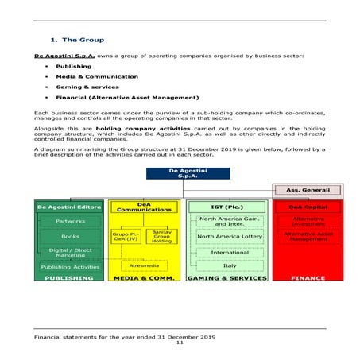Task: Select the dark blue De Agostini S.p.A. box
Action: (x=188, y=173)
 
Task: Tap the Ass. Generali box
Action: (x=308, y=191)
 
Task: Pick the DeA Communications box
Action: (x=144, y=207)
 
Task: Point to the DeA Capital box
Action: (x=308, y=207)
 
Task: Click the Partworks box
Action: (x=70, y=222)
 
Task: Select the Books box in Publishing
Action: (x=70, y=237)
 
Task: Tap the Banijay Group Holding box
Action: (x=161, y=236)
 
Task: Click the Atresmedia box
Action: (x=144, y=265)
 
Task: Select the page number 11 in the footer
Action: (x=180, y=343)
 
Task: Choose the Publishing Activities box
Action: (x=70, y=267)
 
